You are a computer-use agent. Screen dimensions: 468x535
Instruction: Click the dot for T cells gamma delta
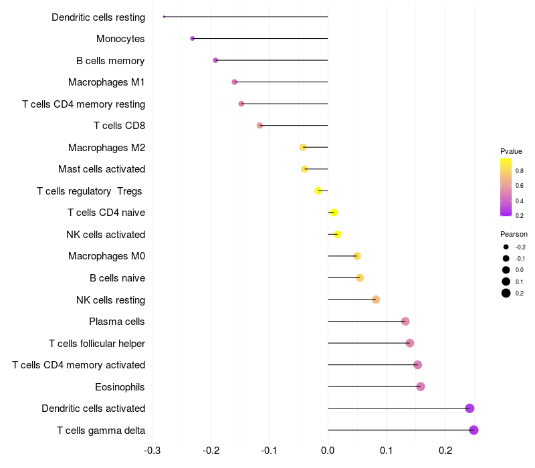point(473,430)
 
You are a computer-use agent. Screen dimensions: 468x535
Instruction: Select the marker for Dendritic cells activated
point(469,408)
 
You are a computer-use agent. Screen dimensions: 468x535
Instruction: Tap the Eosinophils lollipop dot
point(421,386)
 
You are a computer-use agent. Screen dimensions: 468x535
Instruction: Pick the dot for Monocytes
point(193,39)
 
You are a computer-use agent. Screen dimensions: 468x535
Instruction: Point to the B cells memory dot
point(215,60)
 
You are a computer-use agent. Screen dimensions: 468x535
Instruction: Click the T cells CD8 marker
point(260,126)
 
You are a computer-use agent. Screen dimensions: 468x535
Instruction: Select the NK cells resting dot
point(376,300)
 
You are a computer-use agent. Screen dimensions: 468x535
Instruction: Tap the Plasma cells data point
point(405,322)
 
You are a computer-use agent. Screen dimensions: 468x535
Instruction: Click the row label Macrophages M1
point(106,82)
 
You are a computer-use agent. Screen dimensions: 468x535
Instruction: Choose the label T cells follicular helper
point(97,344)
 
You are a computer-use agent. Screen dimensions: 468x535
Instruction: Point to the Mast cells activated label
point(102,169)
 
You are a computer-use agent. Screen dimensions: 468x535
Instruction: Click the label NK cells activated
point(106,235)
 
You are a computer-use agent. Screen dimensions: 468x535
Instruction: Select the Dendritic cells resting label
point(98,17)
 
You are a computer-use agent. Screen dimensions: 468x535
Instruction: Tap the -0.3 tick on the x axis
point(152,451)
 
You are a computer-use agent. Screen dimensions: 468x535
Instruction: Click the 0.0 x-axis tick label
point(328,451)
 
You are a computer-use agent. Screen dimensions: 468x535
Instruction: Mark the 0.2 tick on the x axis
point(445,451)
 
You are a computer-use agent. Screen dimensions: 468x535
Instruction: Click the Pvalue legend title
point(511,151)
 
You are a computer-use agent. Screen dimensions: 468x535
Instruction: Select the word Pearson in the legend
point(514,234)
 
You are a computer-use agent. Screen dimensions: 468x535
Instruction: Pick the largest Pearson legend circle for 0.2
point(506,293)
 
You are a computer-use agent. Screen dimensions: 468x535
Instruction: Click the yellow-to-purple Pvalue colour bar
point(506,187)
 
